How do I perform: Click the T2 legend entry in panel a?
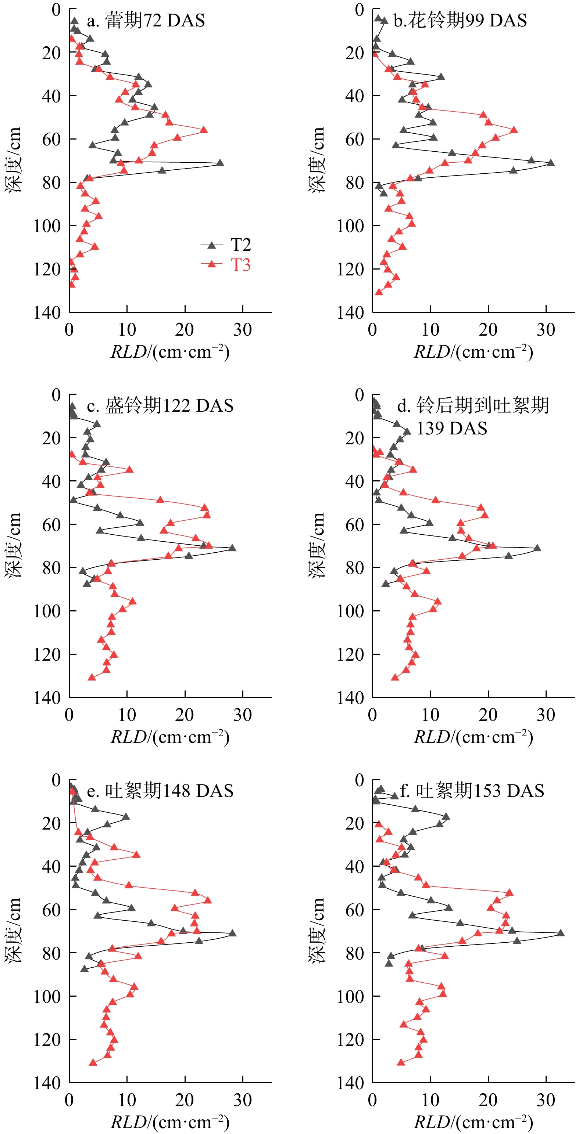pyautogui.click(x=226, y=245)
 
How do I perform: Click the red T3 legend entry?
pyautogui.click(x=226, y=265)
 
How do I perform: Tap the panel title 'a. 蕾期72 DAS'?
pyautogui.click(x=146, y=21)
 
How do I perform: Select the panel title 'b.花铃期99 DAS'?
pyautogui.click(x=460, y=21)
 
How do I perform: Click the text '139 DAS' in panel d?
pyautogui.click(x=452, y=428)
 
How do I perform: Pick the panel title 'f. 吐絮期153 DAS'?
pyautogui.click(x=472, y=791)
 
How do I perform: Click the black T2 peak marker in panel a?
pyautogui.click(x=220, y=163)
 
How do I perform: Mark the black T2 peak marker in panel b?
pyautogui.click(x=551, y=163)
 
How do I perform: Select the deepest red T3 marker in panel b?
pyautogui.click(x=379, y=292)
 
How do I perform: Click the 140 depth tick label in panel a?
pyautogui.click(x=47, y=313)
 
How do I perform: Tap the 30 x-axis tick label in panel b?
pyautogui.click(x=546, y=330)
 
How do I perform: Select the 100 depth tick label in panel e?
pyautogui.click(x=47, y=996)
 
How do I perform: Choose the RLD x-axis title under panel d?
pyautogui.click(x=473, y=737)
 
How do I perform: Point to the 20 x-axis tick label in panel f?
pyautogui.click(x=488, y=1100)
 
